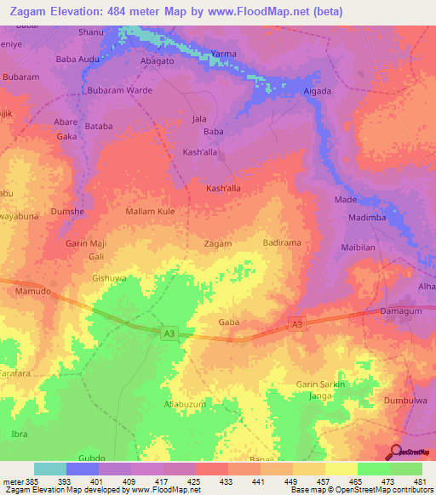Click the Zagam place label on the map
(218, 244)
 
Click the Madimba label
(369, 218)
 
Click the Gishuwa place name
(108, 278)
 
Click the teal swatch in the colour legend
(49, 469)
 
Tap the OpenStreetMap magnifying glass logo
(394, 452)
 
